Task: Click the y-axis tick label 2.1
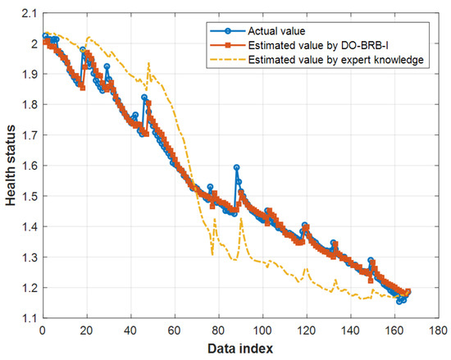30,13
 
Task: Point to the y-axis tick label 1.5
30,196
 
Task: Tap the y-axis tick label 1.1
30,318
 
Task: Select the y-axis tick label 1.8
30,105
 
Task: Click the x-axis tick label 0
43,330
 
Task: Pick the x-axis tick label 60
175,330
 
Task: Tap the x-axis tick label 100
262,330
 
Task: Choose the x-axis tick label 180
438,330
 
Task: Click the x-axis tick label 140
350,330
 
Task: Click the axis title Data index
240,349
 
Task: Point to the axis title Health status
11,166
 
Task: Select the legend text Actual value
276,31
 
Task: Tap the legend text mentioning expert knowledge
335,60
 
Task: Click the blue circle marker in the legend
227,31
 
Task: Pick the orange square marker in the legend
227,45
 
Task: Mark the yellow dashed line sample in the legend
227,60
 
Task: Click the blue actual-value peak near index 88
236,167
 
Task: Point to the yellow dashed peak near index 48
148,62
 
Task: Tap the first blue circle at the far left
45,36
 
